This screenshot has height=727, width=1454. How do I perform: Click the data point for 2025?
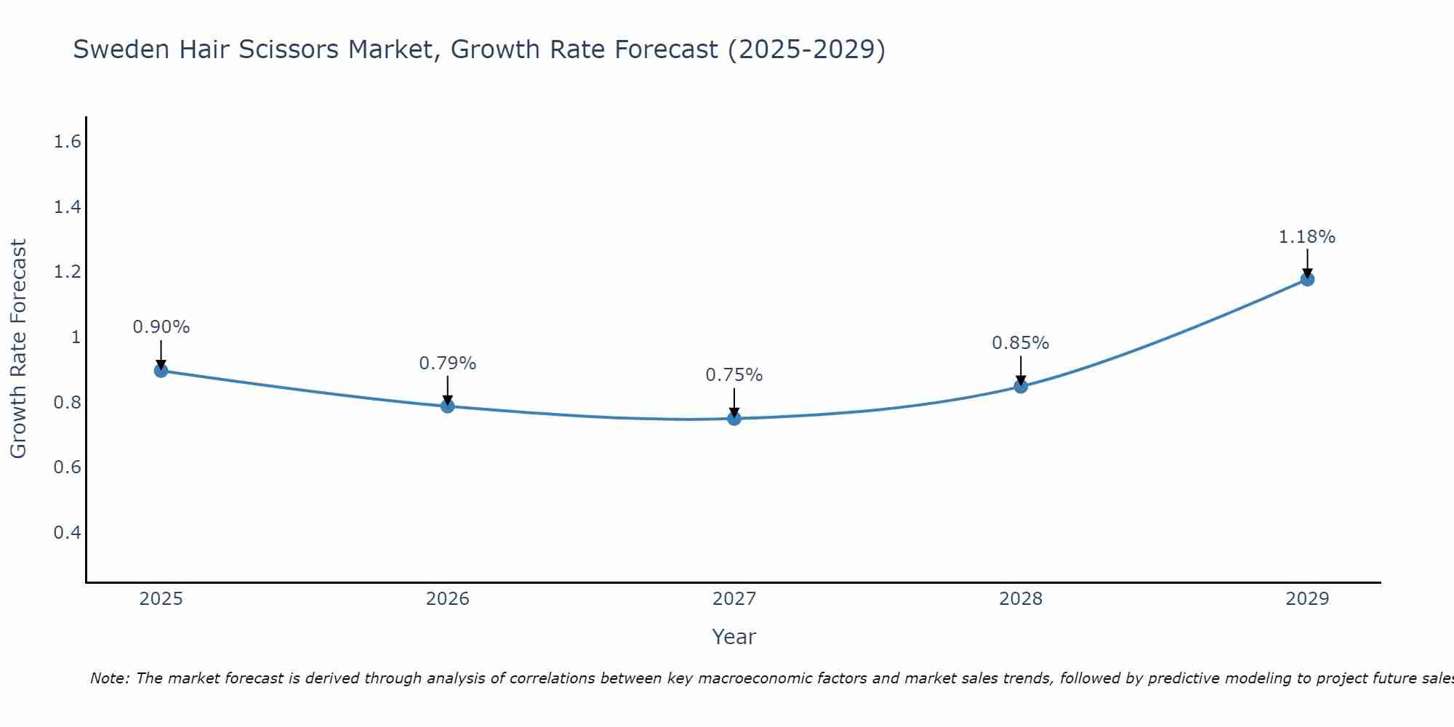(161, 371)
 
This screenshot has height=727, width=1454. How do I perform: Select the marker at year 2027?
(734, 419)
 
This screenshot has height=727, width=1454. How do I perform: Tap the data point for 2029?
(1307, 279)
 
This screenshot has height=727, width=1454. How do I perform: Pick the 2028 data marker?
(1021, 386)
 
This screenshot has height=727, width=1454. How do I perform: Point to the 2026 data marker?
(448, 406)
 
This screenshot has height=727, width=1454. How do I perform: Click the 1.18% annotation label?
(1307, 237)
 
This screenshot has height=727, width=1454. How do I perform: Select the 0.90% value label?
(161, 327)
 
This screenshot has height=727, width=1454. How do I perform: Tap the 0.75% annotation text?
(734, 375)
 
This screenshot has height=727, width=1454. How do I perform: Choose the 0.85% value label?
(1021, 343)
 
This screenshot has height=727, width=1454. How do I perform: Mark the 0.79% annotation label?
(448, 363)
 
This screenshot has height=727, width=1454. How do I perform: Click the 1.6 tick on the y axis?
(67, 142)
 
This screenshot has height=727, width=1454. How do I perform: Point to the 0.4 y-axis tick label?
(67, 533)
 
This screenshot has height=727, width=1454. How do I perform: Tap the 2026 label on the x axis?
(448, 599)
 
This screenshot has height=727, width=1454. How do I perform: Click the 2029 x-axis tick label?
(1307, 599)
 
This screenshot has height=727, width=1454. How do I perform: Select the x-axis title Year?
(734, 637)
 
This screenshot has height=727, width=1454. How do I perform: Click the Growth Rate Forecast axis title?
(19, 349)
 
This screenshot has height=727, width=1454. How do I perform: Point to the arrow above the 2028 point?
(1021, 369)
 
